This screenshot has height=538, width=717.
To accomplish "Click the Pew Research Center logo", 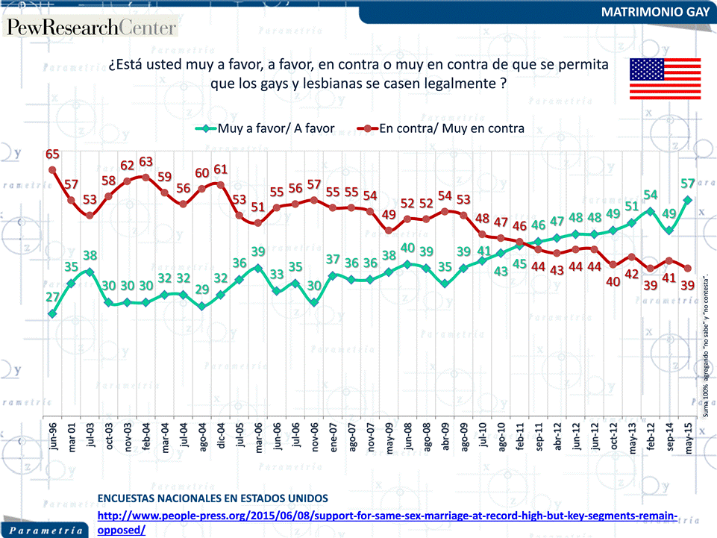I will pyautogui.click(x=92, y=28).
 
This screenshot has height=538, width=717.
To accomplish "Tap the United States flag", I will pyautogui.click(x=666, y=78).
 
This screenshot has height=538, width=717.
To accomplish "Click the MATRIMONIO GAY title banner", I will pyautogui.click(x=654, y=13).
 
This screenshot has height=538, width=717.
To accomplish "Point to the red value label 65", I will pyautogui.click(x=53, y=154).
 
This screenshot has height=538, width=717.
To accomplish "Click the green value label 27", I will pyautogui.click(x=53, y=298).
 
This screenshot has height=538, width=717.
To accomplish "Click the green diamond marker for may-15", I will pyautogui.click(x=687, y=199).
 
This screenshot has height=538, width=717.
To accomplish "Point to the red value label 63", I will pyautogui.click(x=146, y=161).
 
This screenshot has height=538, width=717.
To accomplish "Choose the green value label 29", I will pyautogui.click(x=202, y=290).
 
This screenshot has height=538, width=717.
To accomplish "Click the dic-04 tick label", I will pyautogui.click(x=221, y=433).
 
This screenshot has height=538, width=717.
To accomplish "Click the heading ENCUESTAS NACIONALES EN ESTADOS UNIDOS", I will pyautogui.click(x=213, y=498).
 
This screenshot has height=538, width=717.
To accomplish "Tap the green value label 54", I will pyautogui.click(x=651, y=195).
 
